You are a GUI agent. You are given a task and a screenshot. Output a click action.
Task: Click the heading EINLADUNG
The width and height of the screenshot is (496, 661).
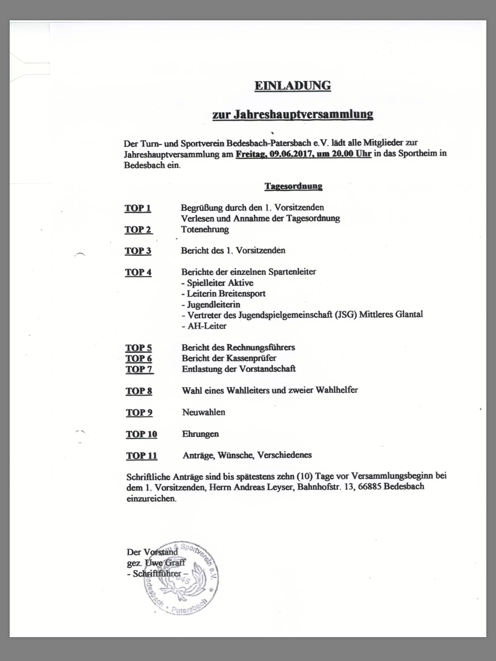[x=293, y=86]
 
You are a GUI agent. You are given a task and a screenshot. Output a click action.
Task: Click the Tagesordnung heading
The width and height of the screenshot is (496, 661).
[x=293, y=186]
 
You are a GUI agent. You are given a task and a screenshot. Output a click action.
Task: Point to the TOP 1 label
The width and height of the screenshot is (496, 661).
[x=138, y=208]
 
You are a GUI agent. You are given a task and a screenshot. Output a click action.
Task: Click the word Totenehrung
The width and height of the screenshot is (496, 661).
[x=205, y=229]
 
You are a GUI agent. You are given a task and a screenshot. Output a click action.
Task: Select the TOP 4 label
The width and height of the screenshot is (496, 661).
[x=138, y=272]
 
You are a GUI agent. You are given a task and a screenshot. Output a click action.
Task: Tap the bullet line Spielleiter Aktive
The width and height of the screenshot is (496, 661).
[x=217, y=283]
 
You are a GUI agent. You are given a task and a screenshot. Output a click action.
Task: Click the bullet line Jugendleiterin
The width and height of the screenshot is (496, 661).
[x=211, y=304]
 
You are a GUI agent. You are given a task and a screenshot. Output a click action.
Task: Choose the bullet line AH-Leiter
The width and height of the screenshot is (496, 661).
[x=204, y=326]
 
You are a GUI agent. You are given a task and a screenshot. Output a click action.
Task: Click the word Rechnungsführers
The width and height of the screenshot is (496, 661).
[x=261, y=347]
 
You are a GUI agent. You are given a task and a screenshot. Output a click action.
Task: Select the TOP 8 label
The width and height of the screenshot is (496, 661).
[x=139, y=391]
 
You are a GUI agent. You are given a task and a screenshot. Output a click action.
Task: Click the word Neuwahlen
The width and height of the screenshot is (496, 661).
[x=203, y=412]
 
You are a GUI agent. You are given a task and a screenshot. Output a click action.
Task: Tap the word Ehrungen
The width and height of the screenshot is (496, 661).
[x=200, y=434]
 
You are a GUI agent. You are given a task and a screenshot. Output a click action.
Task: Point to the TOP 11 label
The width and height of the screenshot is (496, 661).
[x=141, y=456]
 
